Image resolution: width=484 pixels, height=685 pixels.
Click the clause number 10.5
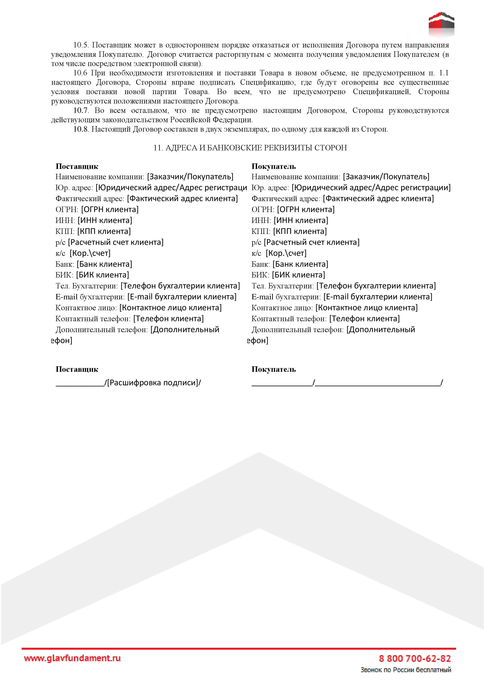(81, 45)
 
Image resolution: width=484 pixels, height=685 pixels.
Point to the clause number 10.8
(81, 129)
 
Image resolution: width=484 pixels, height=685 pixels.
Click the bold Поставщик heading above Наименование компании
(77, 167)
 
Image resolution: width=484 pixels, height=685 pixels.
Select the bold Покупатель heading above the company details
(274, 167)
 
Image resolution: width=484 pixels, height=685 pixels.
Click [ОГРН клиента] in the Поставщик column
(110, 210)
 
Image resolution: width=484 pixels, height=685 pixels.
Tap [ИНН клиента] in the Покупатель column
(301, 220)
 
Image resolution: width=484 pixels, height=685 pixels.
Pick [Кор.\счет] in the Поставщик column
(90, 253)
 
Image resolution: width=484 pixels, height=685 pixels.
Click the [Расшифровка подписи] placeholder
(154, 383)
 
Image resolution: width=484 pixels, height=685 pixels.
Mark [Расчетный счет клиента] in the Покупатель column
(312, 242)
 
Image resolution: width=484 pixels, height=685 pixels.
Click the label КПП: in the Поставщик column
(65, 232)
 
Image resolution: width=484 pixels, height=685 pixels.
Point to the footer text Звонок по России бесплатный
(406, 670)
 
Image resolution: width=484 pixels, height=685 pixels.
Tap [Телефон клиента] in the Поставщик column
(168, 319)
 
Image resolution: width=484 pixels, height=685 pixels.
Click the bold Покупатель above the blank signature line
(274, 369)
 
